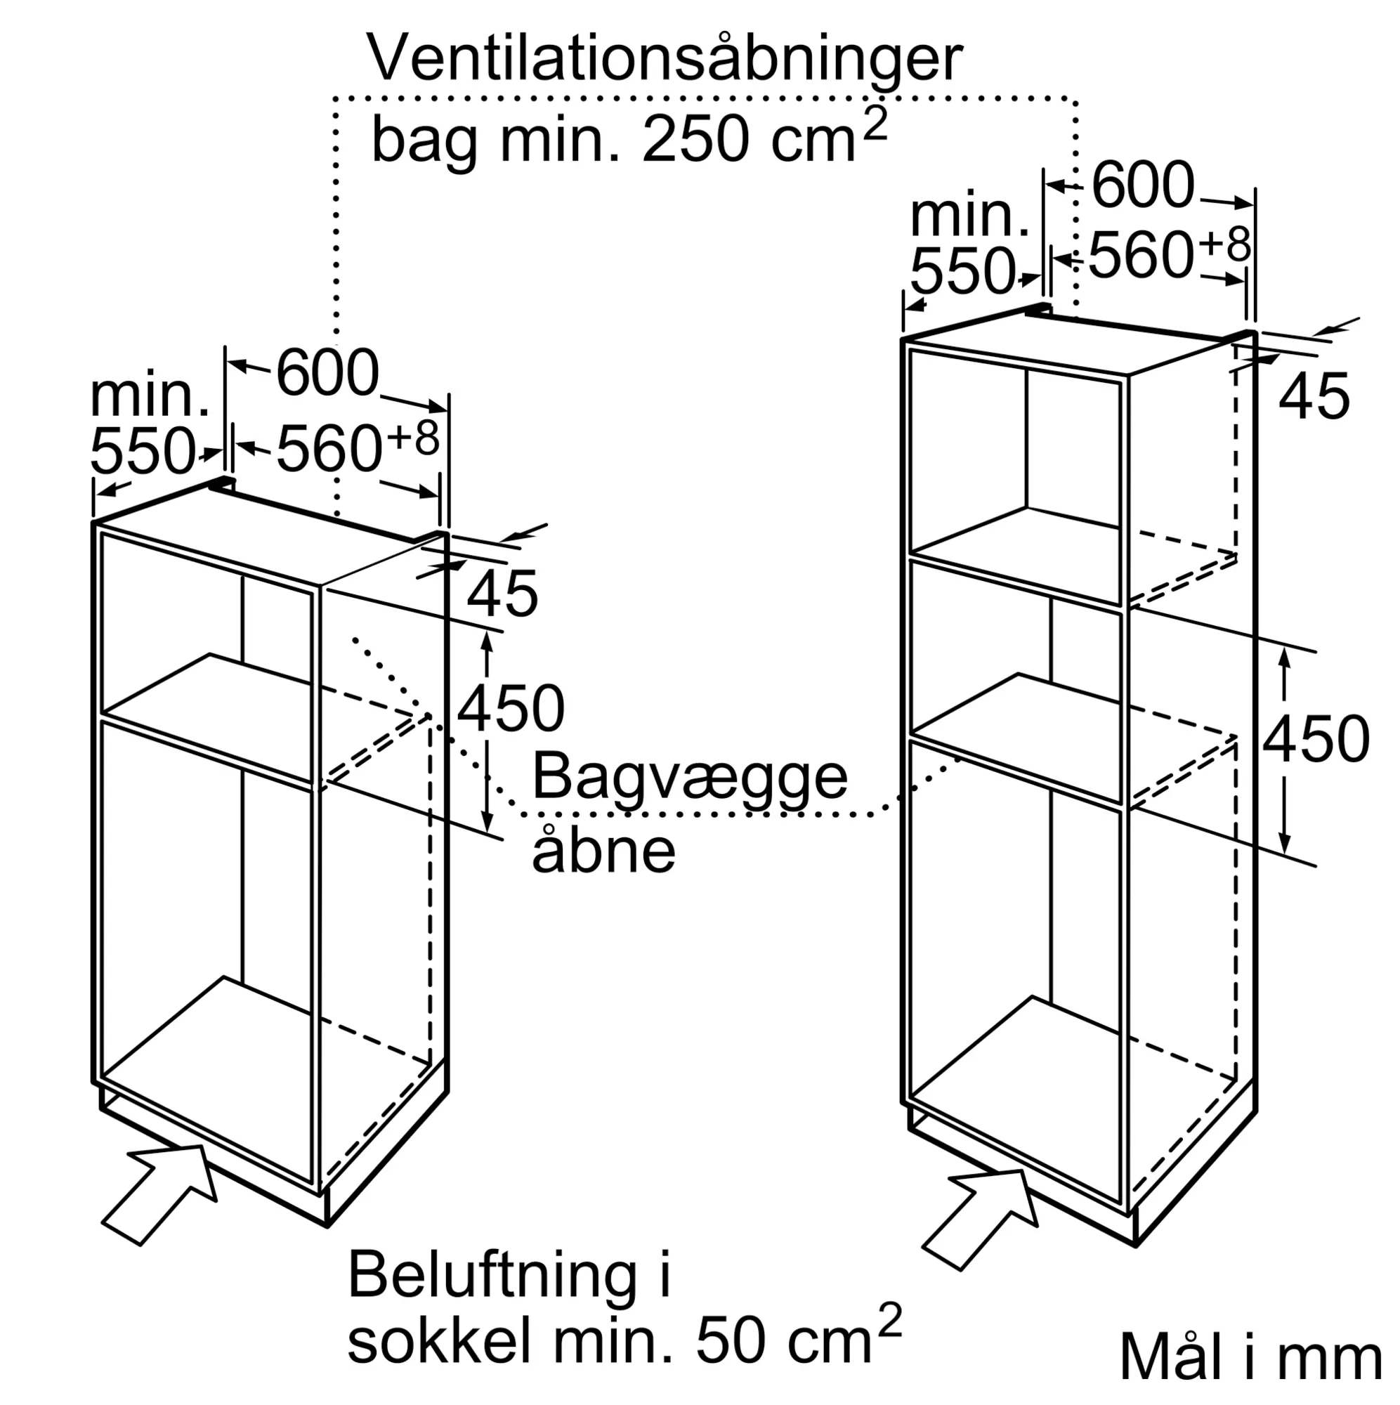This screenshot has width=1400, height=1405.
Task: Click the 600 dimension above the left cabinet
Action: tap(328, 372)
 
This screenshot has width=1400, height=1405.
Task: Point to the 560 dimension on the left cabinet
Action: tap(329, 450)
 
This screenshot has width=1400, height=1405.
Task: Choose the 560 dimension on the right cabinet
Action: tap(1141, 254)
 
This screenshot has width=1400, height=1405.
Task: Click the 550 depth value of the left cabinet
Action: tap(143, 451)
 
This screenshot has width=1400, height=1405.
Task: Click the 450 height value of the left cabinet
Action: tap(511, 709)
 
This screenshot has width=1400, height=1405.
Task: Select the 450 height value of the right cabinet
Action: tap(1316, 740)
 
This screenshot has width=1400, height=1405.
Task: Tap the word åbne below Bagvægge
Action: tap(603, 848)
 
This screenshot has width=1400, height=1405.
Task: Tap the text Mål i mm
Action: tap(1251, 1355)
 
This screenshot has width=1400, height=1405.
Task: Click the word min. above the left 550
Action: tap(150, 396)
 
